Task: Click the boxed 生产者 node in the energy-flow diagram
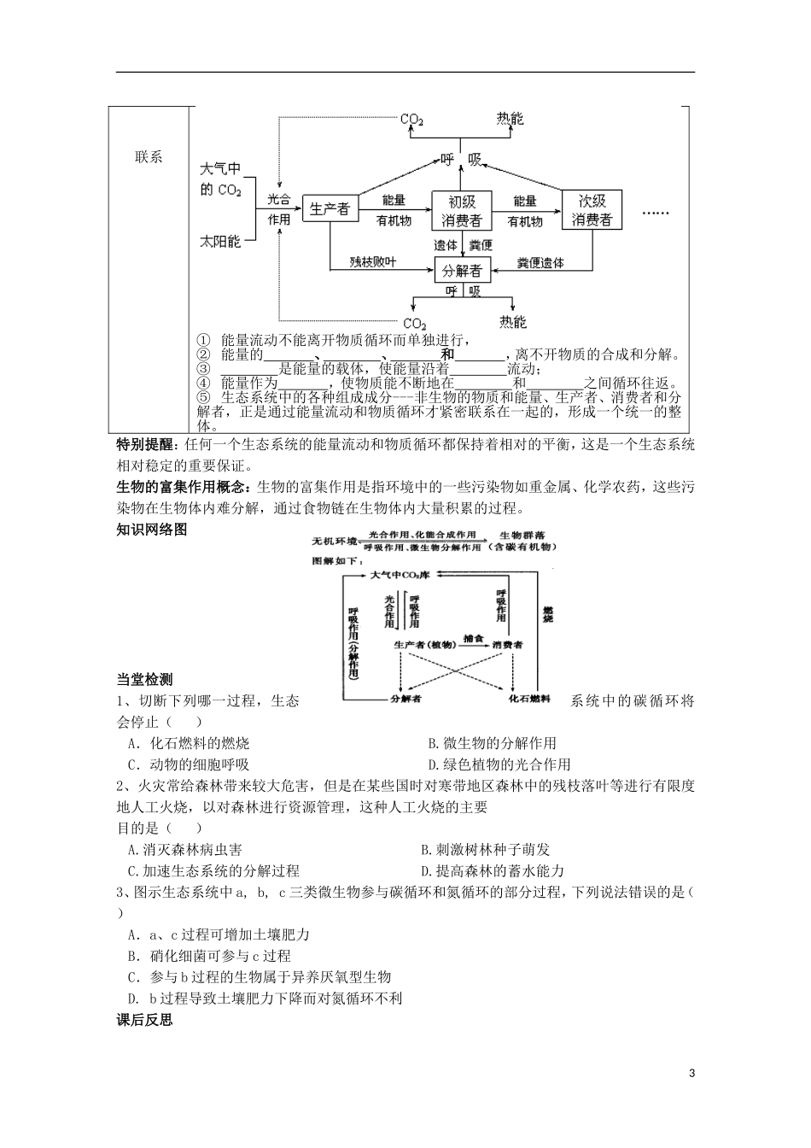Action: coord(329,208)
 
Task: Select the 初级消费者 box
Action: coord(462,210)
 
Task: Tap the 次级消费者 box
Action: coord(592,209)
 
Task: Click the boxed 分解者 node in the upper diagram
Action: coord(462,271)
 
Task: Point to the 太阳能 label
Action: coord(220,243)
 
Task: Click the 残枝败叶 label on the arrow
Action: coord(373,262)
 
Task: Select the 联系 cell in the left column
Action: coord(149,157)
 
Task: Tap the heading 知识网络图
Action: coord(151,530)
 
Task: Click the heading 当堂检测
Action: coord(144,680)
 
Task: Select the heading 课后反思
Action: coord(144,1020)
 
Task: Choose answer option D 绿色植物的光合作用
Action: coord(499,764)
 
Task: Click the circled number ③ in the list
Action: coord(202,368)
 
